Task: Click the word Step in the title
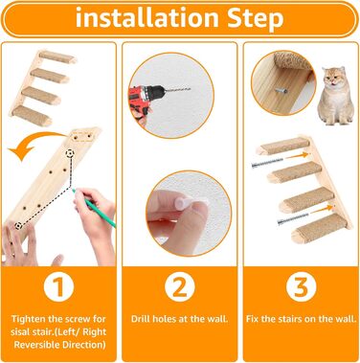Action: (256, 18)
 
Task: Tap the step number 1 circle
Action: (58, 287)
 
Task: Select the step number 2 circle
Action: (180, 287)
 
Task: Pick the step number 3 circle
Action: (301, 287)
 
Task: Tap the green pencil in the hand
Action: (94, 208)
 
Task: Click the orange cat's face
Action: (334, 79)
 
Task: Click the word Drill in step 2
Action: (141, 319)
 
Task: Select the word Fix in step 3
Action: (252, 319)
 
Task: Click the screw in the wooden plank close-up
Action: (281, 91)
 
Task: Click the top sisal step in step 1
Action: (58, 57)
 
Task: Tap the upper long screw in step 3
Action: (267, 163)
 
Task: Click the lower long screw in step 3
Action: (293, 219)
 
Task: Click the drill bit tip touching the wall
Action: (191, 89)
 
